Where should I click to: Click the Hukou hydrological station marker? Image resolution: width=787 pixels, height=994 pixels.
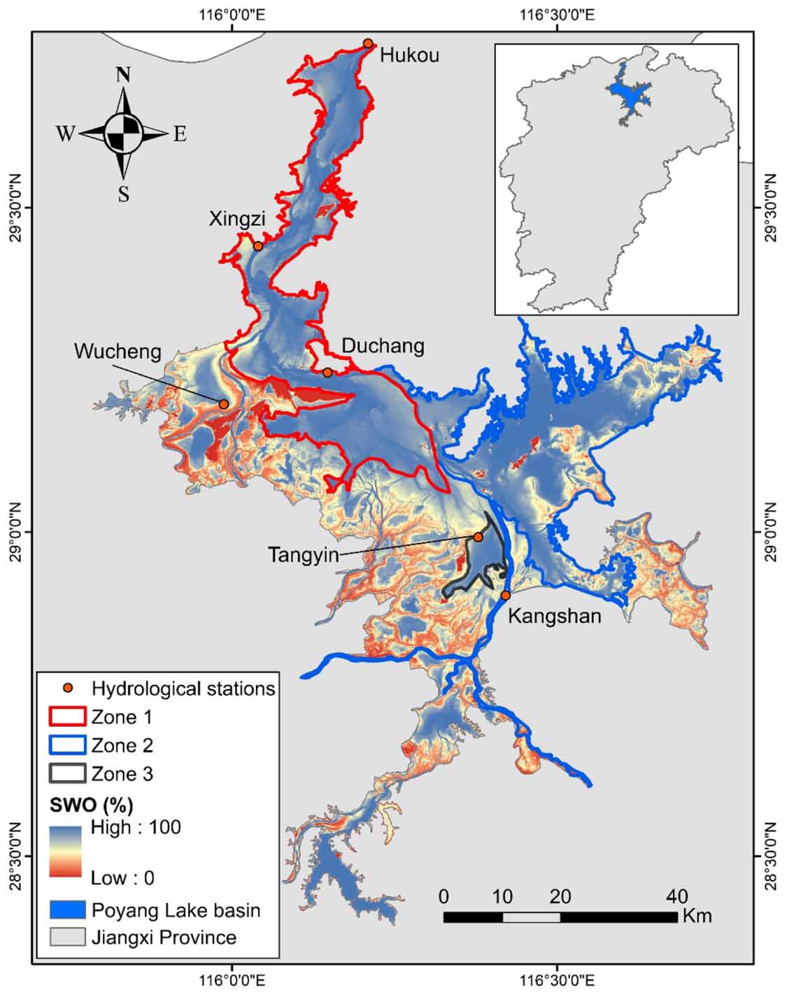[368, 43]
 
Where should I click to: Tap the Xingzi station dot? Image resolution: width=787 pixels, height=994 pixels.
[258, 246]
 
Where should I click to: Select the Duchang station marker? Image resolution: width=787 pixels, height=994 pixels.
[327, 373]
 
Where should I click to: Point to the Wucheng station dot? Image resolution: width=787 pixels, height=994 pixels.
[224, 404]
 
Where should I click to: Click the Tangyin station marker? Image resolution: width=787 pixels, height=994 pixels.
[478, 537]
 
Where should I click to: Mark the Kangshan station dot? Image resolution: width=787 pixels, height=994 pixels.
[506, 596]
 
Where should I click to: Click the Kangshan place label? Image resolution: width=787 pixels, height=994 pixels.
[554, 617]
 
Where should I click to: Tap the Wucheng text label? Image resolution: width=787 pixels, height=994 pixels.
[118, 351]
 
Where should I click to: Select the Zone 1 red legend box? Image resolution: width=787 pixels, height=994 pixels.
[67, 717]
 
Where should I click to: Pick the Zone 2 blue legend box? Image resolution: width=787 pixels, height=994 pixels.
[67, 745]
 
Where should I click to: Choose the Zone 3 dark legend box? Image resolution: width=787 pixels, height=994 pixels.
[67, 774]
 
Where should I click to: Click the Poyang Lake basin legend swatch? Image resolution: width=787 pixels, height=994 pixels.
[67, 910]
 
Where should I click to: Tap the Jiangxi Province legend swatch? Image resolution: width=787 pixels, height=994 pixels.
[67, 937]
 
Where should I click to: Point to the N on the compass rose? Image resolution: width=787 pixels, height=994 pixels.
[124, 75]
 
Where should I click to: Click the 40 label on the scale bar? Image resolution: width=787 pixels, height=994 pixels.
[676, 896]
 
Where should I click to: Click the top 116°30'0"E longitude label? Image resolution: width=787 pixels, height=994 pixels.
[558, 15]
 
